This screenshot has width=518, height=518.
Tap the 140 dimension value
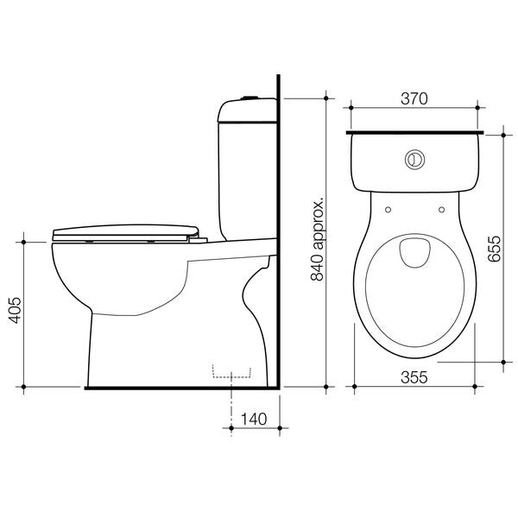(252, 420)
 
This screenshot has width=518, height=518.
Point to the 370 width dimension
(414, 99)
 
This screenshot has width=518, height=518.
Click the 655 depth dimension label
(494, 250)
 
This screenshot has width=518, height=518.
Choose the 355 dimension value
(414, 376)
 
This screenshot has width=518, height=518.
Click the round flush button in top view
(415, 160)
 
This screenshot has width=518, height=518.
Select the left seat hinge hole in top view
(388, 207)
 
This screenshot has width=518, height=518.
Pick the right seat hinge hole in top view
(441, 207)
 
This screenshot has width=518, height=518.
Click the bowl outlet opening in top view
(415, 251)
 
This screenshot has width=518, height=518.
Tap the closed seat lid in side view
(125, 231)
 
